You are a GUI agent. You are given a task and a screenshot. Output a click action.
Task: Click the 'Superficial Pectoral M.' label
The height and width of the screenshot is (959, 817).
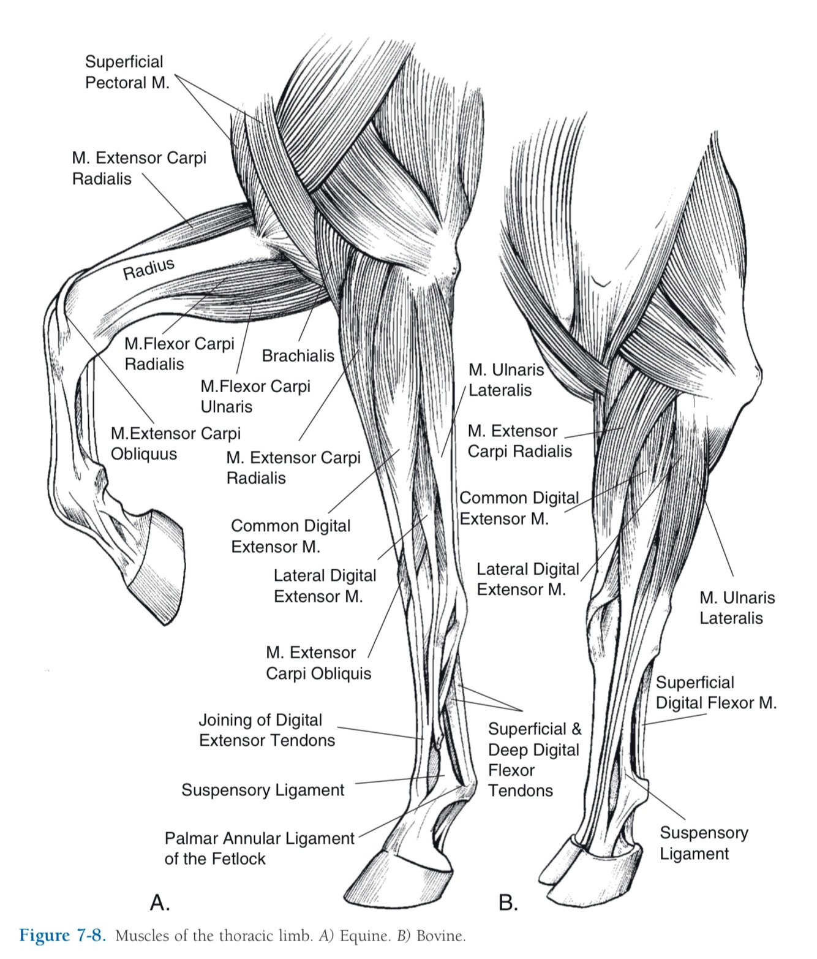point(127,72)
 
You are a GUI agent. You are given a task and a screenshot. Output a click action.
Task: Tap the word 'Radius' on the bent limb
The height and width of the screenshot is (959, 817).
point(149,269)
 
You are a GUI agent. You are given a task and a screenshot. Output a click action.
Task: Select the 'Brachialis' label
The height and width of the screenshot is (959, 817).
point(298,356)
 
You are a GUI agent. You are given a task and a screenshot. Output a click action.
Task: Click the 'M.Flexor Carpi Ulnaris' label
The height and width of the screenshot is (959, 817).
point(255,396)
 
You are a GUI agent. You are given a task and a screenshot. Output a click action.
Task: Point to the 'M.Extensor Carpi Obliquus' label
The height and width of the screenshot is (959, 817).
point(176,444)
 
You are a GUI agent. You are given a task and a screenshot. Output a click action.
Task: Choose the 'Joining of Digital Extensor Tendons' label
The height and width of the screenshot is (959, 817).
point(267,730)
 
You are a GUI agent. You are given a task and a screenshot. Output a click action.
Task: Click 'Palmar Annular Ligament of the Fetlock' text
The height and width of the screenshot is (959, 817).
point(259,848)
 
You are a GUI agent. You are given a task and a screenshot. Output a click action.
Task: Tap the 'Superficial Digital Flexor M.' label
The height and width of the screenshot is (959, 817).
point(716,692)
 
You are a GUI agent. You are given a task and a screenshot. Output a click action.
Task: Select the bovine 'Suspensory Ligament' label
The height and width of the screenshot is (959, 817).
point(704,843)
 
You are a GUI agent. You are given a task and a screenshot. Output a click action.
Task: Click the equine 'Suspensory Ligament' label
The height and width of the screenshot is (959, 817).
point(263,790)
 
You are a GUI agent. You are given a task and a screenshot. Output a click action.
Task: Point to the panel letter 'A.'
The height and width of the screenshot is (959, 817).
point(160,902)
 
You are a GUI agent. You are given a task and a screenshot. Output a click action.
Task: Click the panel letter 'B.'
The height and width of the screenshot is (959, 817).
point(508,902)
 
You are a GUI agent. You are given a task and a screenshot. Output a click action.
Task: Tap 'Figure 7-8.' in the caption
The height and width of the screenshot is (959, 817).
point(63,936)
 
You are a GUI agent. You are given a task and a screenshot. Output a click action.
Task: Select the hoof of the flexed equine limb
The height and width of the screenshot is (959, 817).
point(154,567)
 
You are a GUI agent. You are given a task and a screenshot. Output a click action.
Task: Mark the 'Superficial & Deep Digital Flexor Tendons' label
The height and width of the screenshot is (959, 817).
point(534,760)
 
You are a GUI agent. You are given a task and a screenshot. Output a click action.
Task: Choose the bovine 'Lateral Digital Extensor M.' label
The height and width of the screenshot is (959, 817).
point(527,579)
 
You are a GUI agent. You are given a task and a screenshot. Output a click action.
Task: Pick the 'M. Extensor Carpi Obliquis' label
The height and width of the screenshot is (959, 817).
point(318,663)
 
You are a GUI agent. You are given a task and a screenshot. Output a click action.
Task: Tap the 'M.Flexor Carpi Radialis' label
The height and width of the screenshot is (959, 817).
point(179,354)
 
